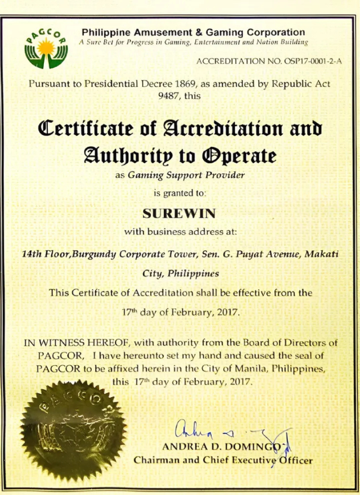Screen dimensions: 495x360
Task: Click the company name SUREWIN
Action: [180, 214]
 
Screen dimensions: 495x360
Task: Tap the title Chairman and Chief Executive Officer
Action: [223, 460]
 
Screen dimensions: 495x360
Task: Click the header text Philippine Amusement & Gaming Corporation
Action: [193, 32]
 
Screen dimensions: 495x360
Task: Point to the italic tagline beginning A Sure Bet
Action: [193, 42]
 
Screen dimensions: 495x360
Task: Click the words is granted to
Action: [180, 193]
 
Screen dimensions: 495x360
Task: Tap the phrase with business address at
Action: [181, 231]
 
